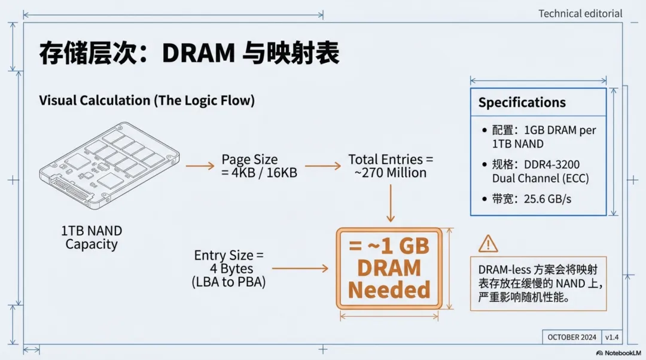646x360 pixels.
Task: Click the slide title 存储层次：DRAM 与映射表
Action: point(189,53)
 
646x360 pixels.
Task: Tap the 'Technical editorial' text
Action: point(580,13)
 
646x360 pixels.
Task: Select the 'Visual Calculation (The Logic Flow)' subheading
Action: point(147,100)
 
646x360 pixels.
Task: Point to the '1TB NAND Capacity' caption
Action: point(91,237)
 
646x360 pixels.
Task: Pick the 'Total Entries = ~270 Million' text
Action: point(390,166)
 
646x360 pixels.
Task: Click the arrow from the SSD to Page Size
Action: point(200,166)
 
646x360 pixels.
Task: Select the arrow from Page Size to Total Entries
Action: point(323,166)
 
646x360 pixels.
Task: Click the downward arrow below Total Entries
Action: point(390,203)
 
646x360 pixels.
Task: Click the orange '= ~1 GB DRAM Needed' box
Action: point(389,269)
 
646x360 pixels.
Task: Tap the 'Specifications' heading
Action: point(522,102)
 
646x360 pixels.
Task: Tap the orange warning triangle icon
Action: point(488,243)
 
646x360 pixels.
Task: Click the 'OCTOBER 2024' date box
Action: point(572,337)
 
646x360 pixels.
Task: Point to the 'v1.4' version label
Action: point(612,337)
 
